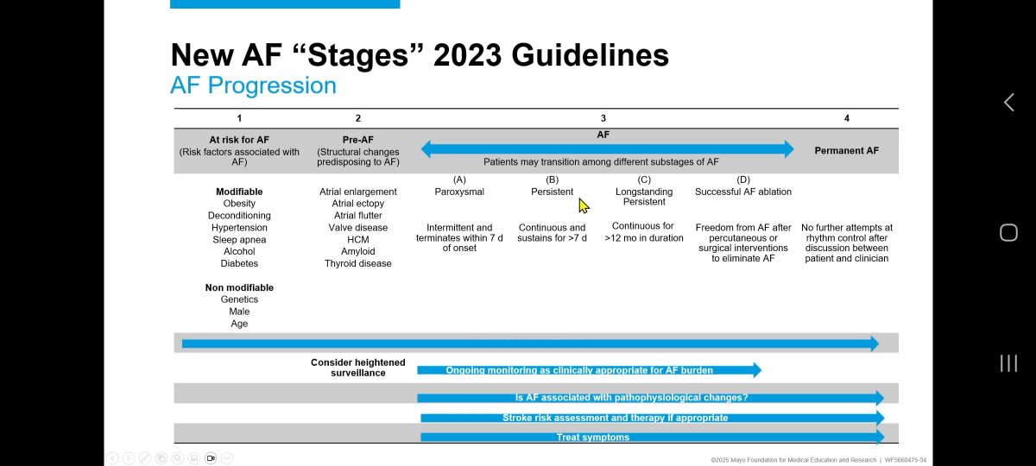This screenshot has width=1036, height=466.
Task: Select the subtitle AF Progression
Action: (253, 85)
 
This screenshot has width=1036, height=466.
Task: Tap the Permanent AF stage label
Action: (846, 150)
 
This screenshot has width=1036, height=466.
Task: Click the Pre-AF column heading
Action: (357, 140)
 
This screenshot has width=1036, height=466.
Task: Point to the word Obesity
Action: (239, 204)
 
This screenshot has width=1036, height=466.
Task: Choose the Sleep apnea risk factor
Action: (239, 240)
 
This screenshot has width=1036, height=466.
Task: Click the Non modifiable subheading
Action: (239, 287)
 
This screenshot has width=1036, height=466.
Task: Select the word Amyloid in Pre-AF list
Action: (357, 252)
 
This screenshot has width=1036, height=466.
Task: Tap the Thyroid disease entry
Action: (357, 264)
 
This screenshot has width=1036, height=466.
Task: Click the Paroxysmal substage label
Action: (459, 192)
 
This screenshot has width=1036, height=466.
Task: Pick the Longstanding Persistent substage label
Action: (644, 197)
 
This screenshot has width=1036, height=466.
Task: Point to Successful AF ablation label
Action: (743, 192)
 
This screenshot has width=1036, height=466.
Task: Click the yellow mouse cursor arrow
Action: (583, 205)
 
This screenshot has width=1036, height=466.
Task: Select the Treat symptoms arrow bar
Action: (592, 438)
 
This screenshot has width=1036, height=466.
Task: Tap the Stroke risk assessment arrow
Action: (615, 418)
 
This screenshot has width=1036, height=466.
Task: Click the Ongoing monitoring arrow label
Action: (578, 370)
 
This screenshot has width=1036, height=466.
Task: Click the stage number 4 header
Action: (846, 118)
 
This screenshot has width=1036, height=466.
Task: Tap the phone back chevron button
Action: (1008, 103)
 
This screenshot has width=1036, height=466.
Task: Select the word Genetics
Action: (239, 299)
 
